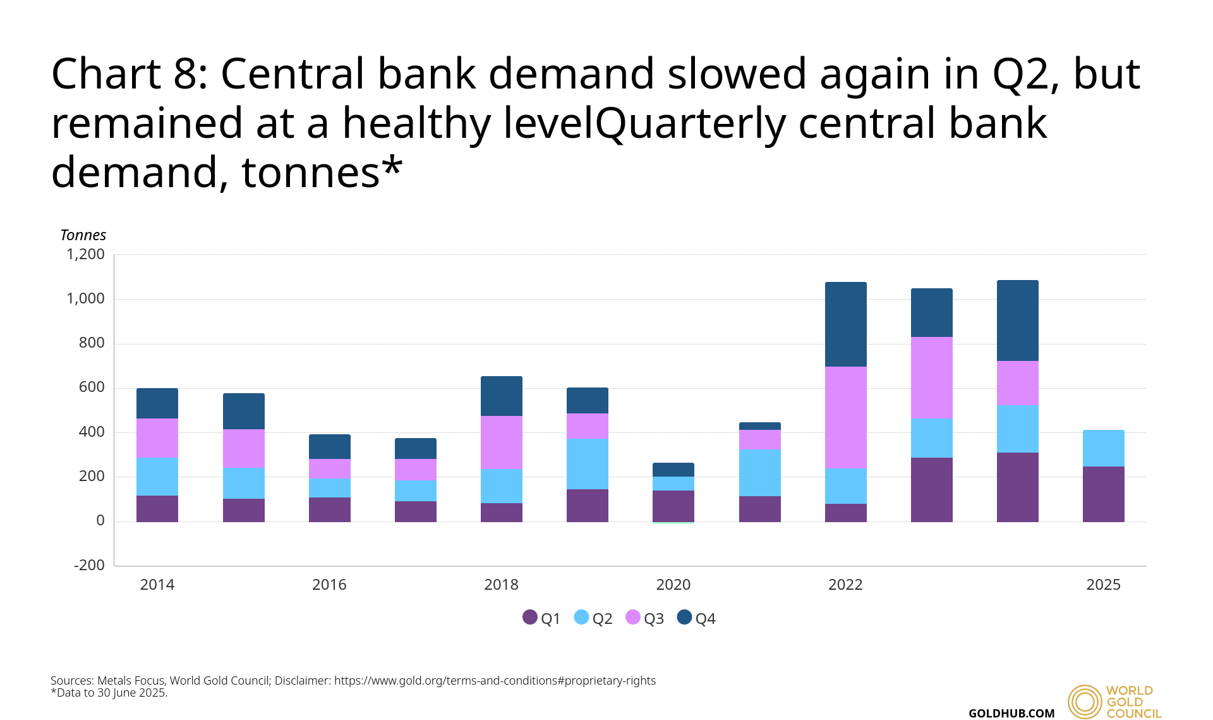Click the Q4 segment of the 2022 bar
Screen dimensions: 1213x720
845,324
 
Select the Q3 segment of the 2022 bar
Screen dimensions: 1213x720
845,418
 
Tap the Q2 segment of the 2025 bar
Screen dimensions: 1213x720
1103,448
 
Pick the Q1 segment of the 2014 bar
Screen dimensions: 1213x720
157,509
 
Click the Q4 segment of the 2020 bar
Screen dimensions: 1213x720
673,470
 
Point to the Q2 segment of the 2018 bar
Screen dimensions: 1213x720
502,486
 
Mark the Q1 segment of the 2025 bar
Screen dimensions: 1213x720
1103,494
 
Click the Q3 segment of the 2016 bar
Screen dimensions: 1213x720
330,469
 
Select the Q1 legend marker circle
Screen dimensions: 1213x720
530,617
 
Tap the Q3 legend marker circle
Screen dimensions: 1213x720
633,617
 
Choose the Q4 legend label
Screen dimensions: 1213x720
706,618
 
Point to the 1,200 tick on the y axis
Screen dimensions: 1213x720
86,254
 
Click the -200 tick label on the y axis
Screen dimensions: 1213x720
89,565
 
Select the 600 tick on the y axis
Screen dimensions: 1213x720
92,387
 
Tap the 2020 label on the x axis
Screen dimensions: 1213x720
673,585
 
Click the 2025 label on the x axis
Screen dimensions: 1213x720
1103,585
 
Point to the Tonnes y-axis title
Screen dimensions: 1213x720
83,235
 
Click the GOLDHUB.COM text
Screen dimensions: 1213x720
1011,713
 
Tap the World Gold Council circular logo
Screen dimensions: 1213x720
1085,702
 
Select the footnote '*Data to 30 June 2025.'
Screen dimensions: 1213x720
109,693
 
